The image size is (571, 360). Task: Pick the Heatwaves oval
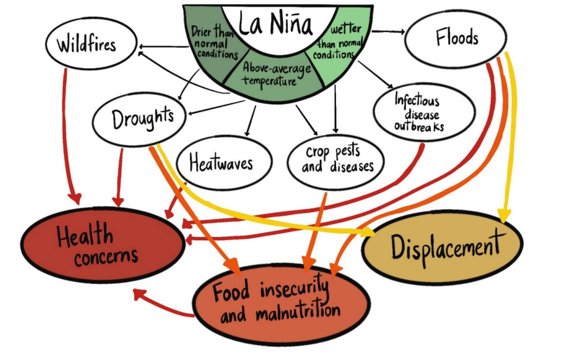[x=222, y=161]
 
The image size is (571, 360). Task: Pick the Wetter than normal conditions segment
[x=339, y=41]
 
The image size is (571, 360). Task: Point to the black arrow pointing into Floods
[x=386, y=30]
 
